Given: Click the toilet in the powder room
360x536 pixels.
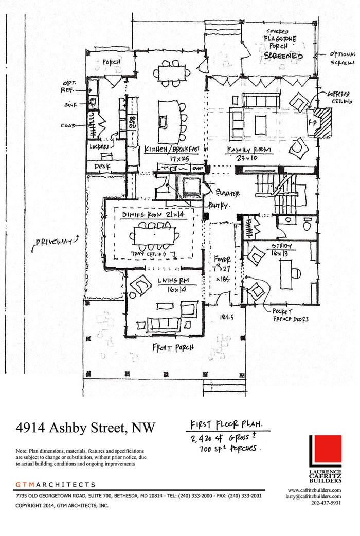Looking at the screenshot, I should coord(308,225).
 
